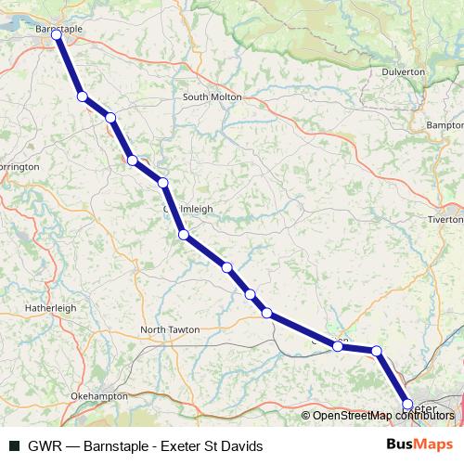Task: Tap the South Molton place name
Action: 212,97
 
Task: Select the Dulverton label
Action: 403,71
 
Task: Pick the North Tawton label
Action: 170,329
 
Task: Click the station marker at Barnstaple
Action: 57,34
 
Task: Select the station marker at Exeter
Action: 407,404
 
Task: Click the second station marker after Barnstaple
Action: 110,117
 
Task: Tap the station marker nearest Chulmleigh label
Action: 184,235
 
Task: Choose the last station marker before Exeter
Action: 376,351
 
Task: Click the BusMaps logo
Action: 419,445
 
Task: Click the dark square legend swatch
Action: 14,446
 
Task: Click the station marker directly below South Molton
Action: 162,183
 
